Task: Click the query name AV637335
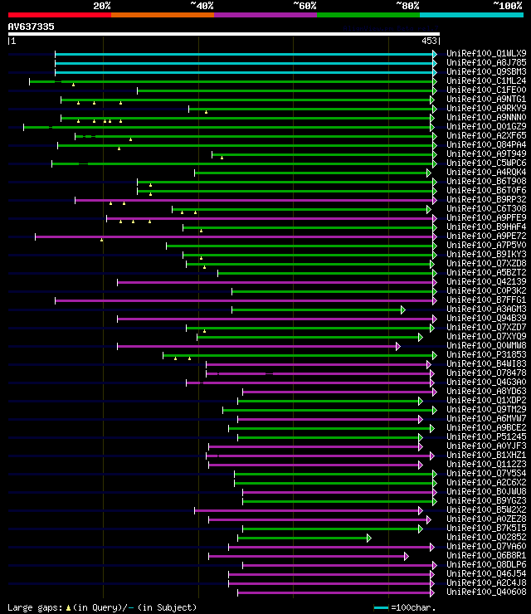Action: pos(32,27)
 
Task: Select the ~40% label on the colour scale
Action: pos(202,5)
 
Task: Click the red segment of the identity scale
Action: pos(59,14)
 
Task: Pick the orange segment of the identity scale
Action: pos(162,14)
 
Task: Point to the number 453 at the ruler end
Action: pos(430,41)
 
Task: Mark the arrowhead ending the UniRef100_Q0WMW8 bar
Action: pos(398,346)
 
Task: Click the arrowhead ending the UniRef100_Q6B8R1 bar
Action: pos(407,556)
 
